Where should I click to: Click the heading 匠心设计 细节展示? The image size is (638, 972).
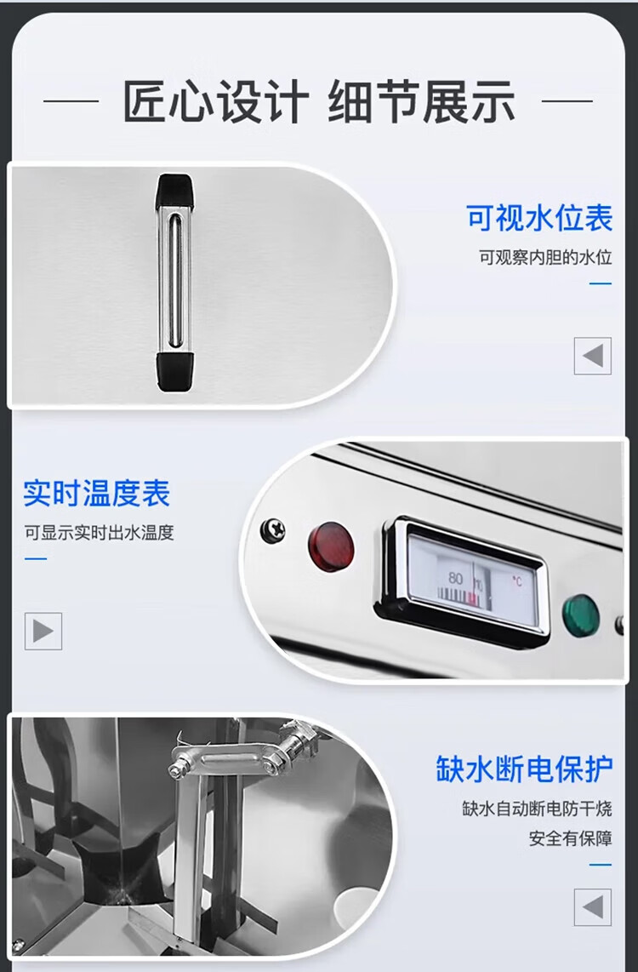[318, 101]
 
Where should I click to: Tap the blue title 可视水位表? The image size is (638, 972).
[539, 218]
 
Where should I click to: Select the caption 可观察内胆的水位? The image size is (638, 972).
[545, 257]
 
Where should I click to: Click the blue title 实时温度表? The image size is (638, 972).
[97, 494]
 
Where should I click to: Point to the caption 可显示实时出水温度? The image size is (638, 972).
[100, 533]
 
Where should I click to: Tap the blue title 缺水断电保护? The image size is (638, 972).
[524, 769]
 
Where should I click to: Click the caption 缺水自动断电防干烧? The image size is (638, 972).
[537, 809]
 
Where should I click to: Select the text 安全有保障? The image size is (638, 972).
[571, 838]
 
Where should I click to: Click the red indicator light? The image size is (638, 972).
[332, 546]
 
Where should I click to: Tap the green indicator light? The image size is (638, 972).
[581, 615]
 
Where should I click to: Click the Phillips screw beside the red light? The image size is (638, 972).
[272, 530]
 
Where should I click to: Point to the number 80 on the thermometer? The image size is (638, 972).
[455, 578]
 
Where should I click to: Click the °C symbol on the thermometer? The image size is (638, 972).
[516, 581]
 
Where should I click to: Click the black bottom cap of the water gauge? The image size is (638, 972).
[177, 371]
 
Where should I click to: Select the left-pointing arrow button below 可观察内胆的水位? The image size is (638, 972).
[593, 356]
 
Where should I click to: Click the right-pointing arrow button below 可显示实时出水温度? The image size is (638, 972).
[43, 631]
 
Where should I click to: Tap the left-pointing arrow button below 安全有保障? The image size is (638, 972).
[593, 907]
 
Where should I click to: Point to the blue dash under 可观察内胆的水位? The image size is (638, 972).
[601, 283]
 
